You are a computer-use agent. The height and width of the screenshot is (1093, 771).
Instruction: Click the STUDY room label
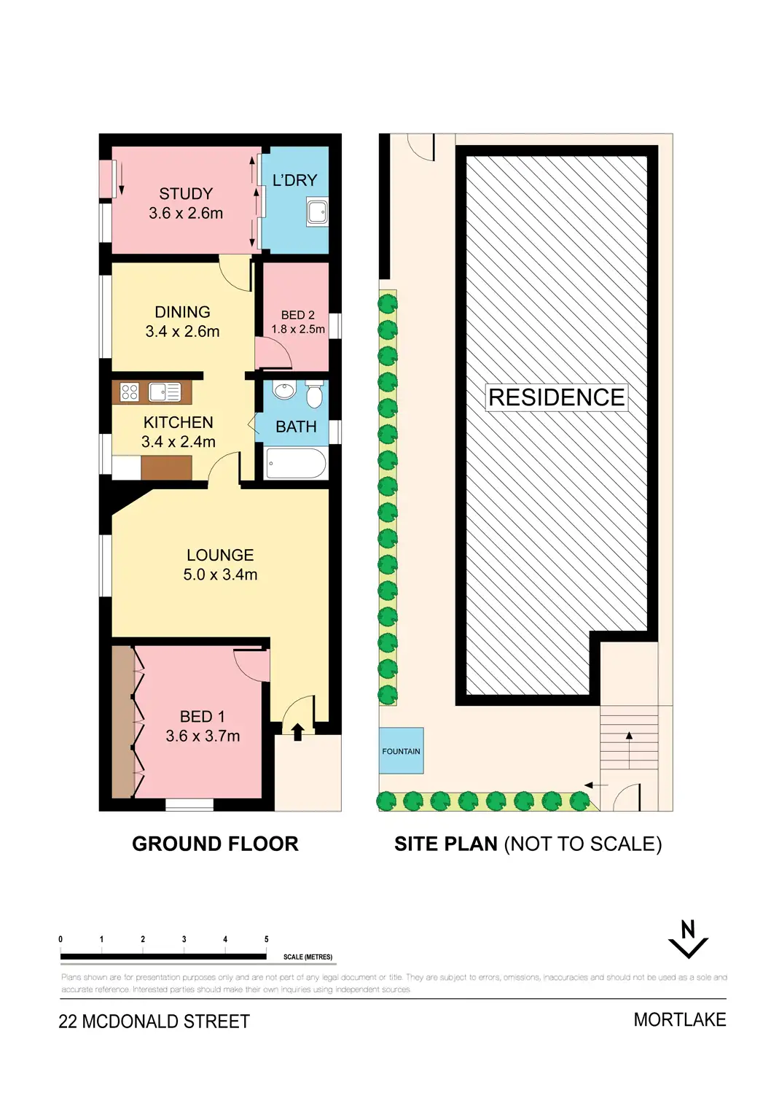186,195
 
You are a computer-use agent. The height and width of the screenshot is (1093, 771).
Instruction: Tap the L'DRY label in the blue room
294,180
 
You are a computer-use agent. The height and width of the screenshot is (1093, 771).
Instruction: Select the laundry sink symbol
317,213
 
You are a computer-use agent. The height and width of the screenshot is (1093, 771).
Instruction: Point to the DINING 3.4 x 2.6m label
182,322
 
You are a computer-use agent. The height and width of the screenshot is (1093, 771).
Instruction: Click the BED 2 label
298,315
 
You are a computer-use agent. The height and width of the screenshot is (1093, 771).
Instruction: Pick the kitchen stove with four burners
130,392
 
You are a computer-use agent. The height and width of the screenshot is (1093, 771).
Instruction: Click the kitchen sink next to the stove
165,392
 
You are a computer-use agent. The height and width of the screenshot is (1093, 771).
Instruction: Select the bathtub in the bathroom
296,464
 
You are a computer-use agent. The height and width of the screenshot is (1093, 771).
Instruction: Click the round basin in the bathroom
283,392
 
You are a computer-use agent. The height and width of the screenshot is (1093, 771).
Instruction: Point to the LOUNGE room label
220,556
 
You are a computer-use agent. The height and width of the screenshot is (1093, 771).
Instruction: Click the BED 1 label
202,717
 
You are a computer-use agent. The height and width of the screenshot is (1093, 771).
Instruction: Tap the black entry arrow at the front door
297,731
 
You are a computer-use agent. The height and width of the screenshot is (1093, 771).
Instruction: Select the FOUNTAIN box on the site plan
401,751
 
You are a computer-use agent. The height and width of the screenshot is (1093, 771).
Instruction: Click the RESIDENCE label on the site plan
556,397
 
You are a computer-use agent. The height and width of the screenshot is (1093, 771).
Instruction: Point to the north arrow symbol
688,940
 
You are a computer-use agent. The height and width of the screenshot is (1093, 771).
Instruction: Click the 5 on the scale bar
267,939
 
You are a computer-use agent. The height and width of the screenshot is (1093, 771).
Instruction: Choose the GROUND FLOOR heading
215,844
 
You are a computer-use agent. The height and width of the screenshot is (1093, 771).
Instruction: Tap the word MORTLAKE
679,1019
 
